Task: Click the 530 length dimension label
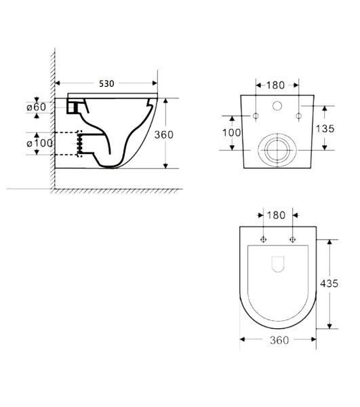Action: click(x=106, y=83)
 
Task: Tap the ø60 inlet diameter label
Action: click(x=37, y=107)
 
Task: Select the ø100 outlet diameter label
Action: click(x=40, y=143)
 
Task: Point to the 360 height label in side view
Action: click(x=163, y=135)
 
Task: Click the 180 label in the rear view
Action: click(x=275, y=85)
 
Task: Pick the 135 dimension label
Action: click(x=325, y=128)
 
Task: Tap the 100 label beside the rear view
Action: click(x=232, y=133)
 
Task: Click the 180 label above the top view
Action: click(x=276, y=215)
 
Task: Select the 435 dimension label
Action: click(x=329, y=284)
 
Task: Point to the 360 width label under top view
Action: click(x=279, y=340)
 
